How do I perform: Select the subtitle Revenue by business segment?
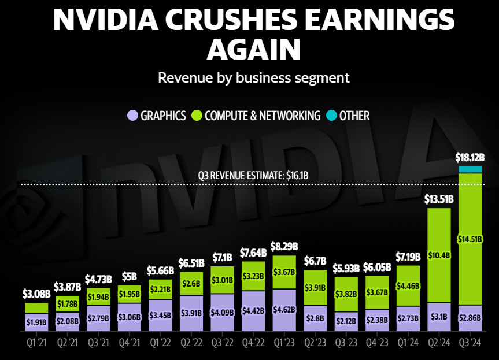pos(254,77)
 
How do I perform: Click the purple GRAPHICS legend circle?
pos(132,116)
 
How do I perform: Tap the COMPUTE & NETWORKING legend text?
pos(262,116)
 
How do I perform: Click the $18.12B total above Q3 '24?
pos(470,157)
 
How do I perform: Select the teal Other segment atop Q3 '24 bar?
pos(470,169)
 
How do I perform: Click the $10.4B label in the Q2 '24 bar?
pos(439,255)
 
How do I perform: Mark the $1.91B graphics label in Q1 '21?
pos(36,322)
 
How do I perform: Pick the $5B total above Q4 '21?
pos(129,277)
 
